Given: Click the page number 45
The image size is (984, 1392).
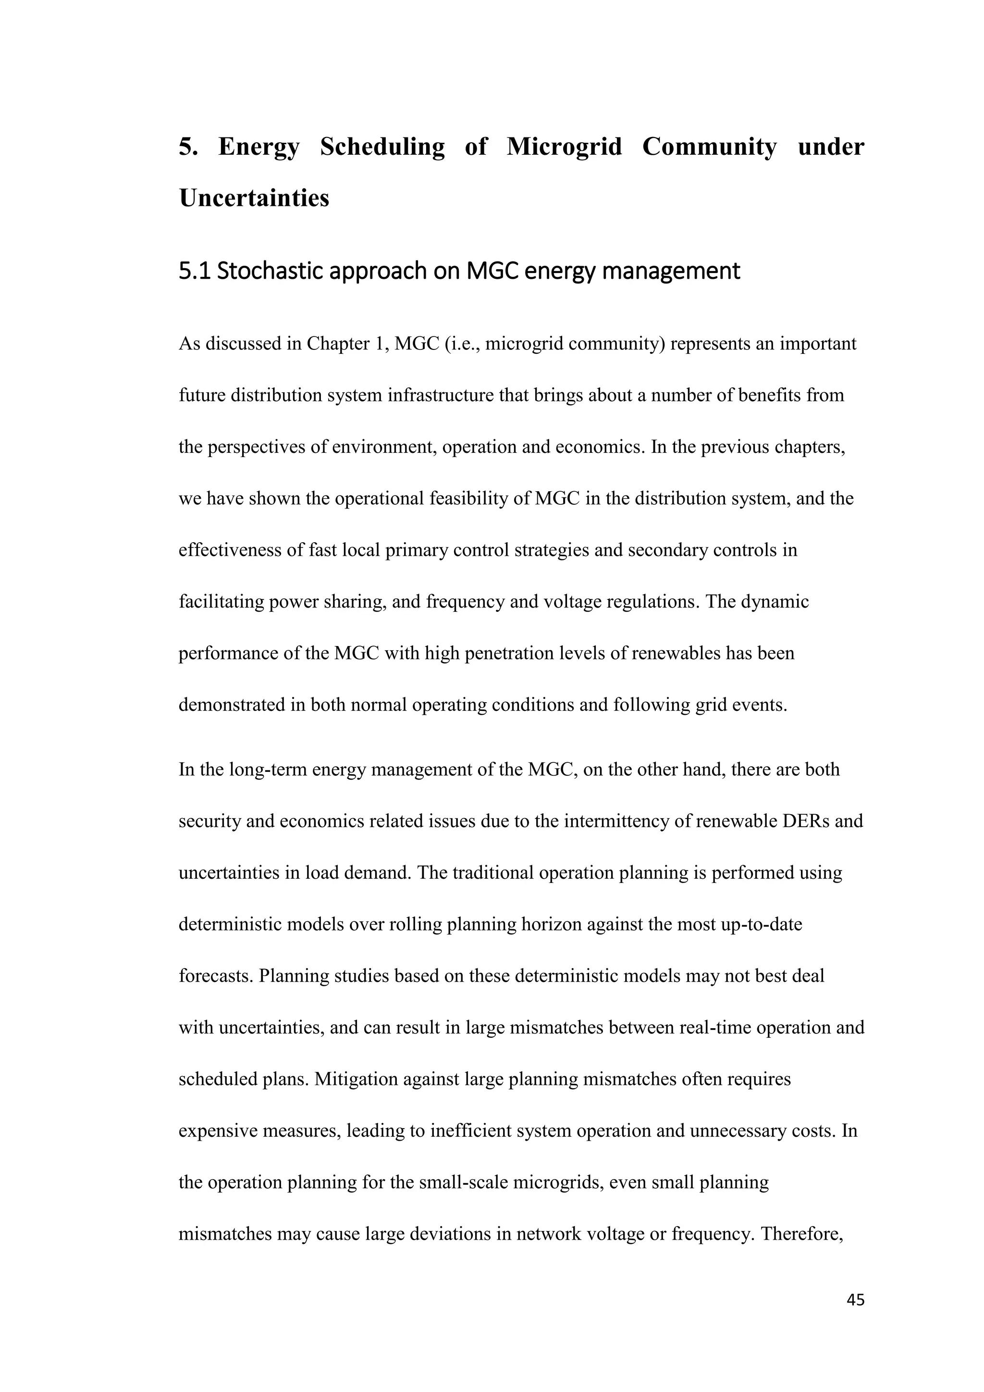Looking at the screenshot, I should [855, 1299].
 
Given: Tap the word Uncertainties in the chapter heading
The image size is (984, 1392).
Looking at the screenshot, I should [254, 198].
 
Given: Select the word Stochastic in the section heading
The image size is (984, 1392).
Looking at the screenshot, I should [270, 271].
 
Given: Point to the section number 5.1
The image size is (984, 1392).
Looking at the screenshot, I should [195, 271].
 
